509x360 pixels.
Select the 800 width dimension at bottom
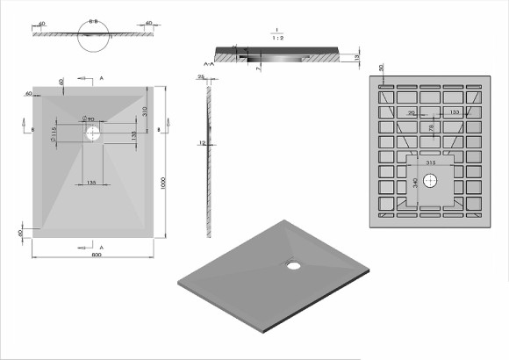click(94, 255)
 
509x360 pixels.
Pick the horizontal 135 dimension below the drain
click(90, 183)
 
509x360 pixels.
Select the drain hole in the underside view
click(430, 181)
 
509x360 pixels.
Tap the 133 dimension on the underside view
click(454, 113)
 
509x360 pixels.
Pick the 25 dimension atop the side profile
click(201, 77)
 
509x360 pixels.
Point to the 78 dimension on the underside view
click(432, 129)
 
